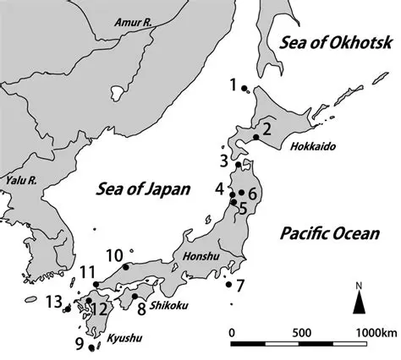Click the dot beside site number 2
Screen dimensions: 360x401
point(255,137)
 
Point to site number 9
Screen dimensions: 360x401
point(80,343)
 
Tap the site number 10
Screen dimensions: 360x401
point(114,254)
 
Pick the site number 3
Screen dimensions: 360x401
point(225,160)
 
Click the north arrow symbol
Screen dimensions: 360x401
point(360,297)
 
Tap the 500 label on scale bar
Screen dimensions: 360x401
point(301,331)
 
